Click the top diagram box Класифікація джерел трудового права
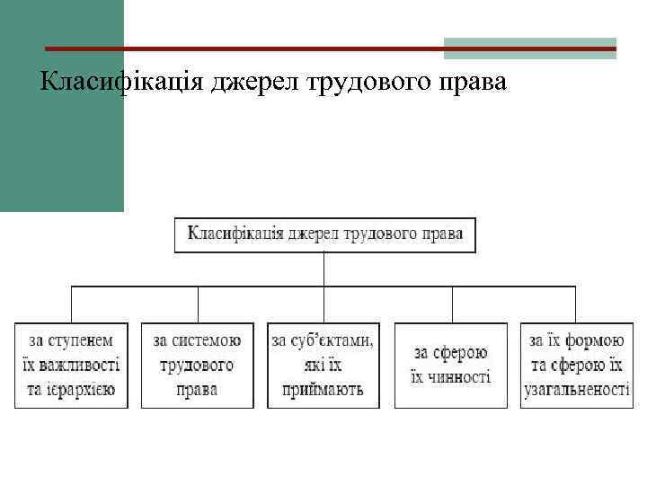coord(324,234)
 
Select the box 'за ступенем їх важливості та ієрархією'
coord(71,365)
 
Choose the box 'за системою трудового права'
coord(198,365)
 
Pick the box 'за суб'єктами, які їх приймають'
coord(323,365)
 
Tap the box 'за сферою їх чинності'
coord(451,365)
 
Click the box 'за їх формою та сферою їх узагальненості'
coord(576,365)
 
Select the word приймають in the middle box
coord(323,390)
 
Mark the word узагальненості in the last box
coord(576,390)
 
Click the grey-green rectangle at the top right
coord(530,48)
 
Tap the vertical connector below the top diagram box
coord(323,269)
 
